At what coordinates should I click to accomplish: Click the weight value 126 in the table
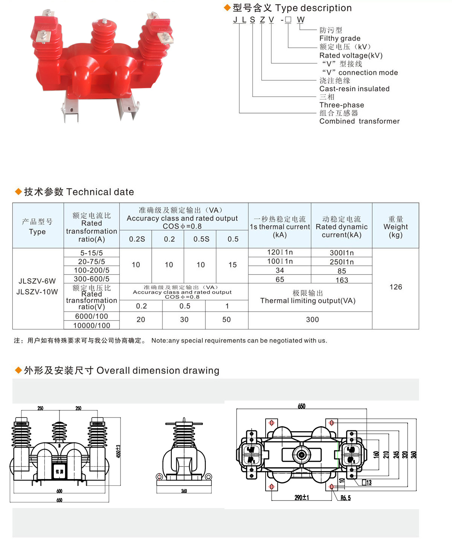point(395,287)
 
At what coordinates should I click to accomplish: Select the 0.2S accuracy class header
point(137,239)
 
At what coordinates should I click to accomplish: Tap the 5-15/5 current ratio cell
point(92,253)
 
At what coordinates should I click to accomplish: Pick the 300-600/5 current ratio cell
point(92,279)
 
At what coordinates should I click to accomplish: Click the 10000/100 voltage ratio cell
point(92,326)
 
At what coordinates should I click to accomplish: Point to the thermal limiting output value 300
point(312,319)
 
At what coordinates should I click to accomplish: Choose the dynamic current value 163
point(342,280)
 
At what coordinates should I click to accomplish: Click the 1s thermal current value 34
point(280,270)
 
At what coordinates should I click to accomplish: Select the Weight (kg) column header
point(395,227)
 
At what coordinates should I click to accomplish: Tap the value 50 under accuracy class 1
point(226,319)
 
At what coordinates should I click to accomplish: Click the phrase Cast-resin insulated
point(354,89)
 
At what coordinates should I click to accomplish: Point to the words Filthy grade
point(340,38)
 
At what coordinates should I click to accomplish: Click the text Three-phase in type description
point(342,105)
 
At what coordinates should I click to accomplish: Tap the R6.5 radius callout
point(345,498)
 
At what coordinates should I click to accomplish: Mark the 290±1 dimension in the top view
point(302,497)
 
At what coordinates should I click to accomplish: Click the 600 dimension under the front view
point(59,491)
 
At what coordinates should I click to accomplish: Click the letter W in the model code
point(301,20)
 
